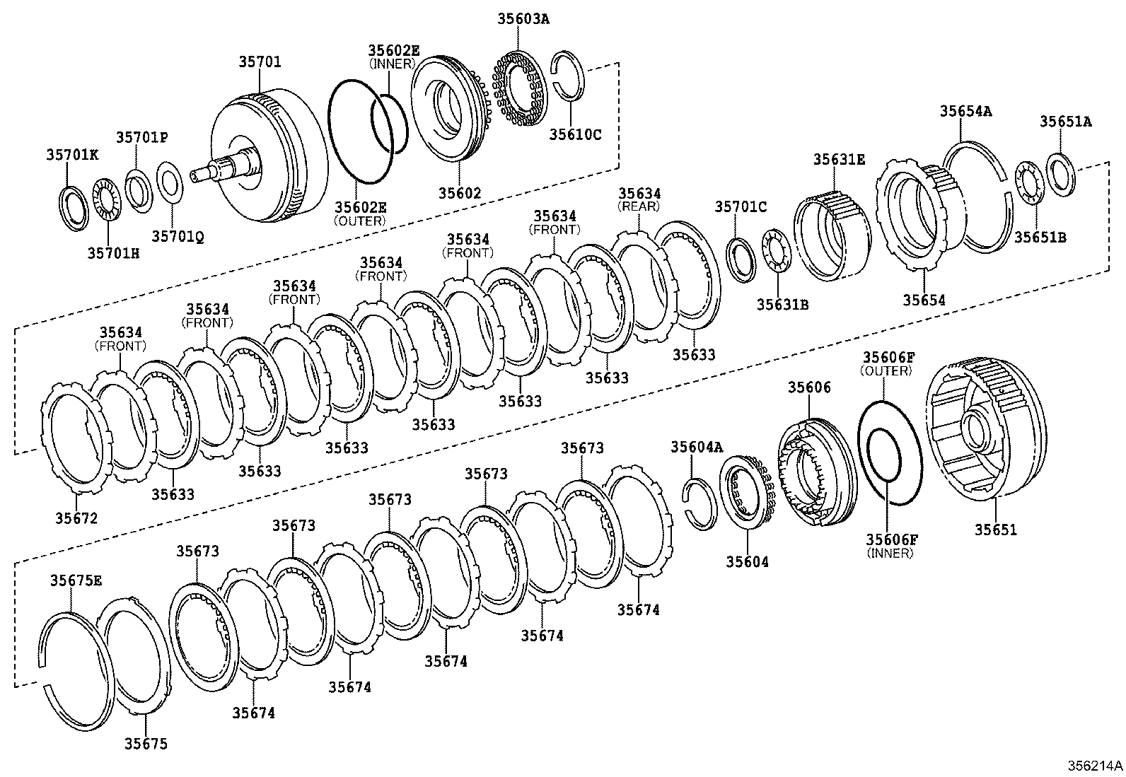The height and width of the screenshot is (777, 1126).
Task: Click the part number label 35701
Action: [259, 62]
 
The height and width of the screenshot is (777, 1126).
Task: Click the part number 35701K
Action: [73, 153]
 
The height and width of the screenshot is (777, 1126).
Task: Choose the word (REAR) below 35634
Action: [639, 206]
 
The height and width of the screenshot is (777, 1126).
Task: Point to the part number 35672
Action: [76, 518]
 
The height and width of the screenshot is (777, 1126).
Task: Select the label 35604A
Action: [697, 447]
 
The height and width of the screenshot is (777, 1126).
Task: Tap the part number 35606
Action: [809, 387]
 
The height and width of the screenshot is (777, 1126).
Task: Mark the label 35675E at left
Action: [76, 580]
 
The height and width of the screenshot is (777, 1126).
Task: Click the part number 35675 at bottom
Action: [146, 744]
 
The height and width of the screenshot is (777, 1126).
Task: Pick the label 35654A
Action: [965, 111]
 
